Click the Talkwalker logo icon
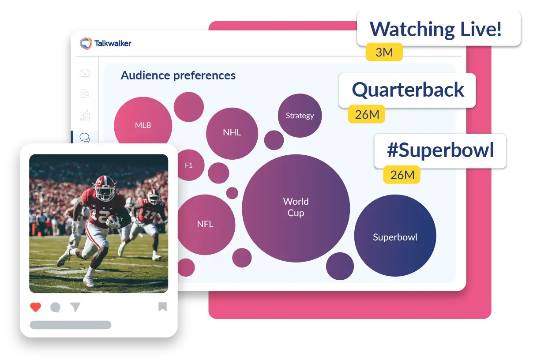(86, 43)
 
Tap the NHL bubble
(232, 134)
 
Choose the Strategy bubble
(300, 116)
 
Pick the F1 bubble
(190, 165)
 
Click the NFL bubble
(206, 225)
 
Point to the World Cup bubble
(296, 208)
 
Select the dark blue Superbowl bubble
(395, 236)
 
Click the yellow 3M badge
(384, 52)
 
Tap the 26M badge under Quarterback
(366, 114)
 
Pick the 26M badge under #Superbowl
(402, 175)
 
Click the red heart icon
(36, 307)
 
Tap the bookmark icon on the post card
(162, 307)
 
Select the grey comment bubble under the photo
(56, 307)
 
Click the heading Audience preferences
(178, 75)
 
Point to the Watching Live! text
(435, 29)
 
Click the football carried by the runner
(114, 219)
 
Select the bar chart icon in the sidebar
(85, 116)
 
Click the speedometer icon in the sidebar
(85, 73)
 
